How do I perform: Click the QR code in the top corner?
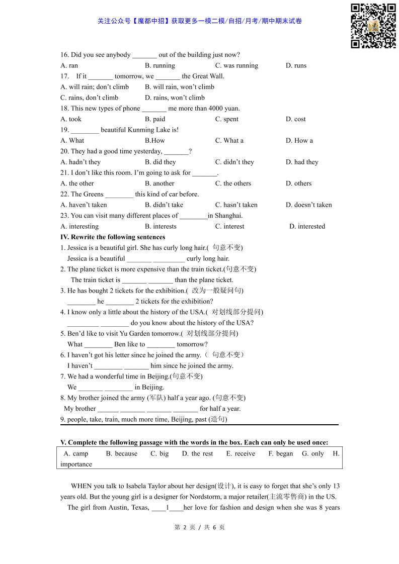(x=373, y=26)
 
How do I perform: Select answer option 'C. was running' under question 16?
(x=236, y=66)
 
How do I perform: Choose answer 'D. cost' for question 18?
(x=295, y=119)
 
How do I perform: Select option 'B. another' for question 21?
(x=159, y=183)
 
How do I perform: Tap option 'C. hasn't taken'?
(x=236, y=205)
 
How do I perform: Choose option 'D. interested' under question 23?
(x=307, y=227)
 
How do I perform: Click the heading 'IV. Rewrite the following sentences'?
(x=113, y=237)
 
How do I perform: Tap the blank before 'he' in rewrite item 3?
(x=81, y=302)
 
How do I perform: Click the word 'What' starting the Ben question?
(x=75, y=344)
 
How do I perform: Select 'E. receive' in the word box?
(x=241, y=453)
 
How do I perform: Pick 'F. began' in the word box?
(x=280, y=453)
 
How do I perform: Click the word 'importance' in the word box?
(x=76, y=464)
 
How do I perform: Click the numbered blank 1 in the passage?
(x=167, y=508)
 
